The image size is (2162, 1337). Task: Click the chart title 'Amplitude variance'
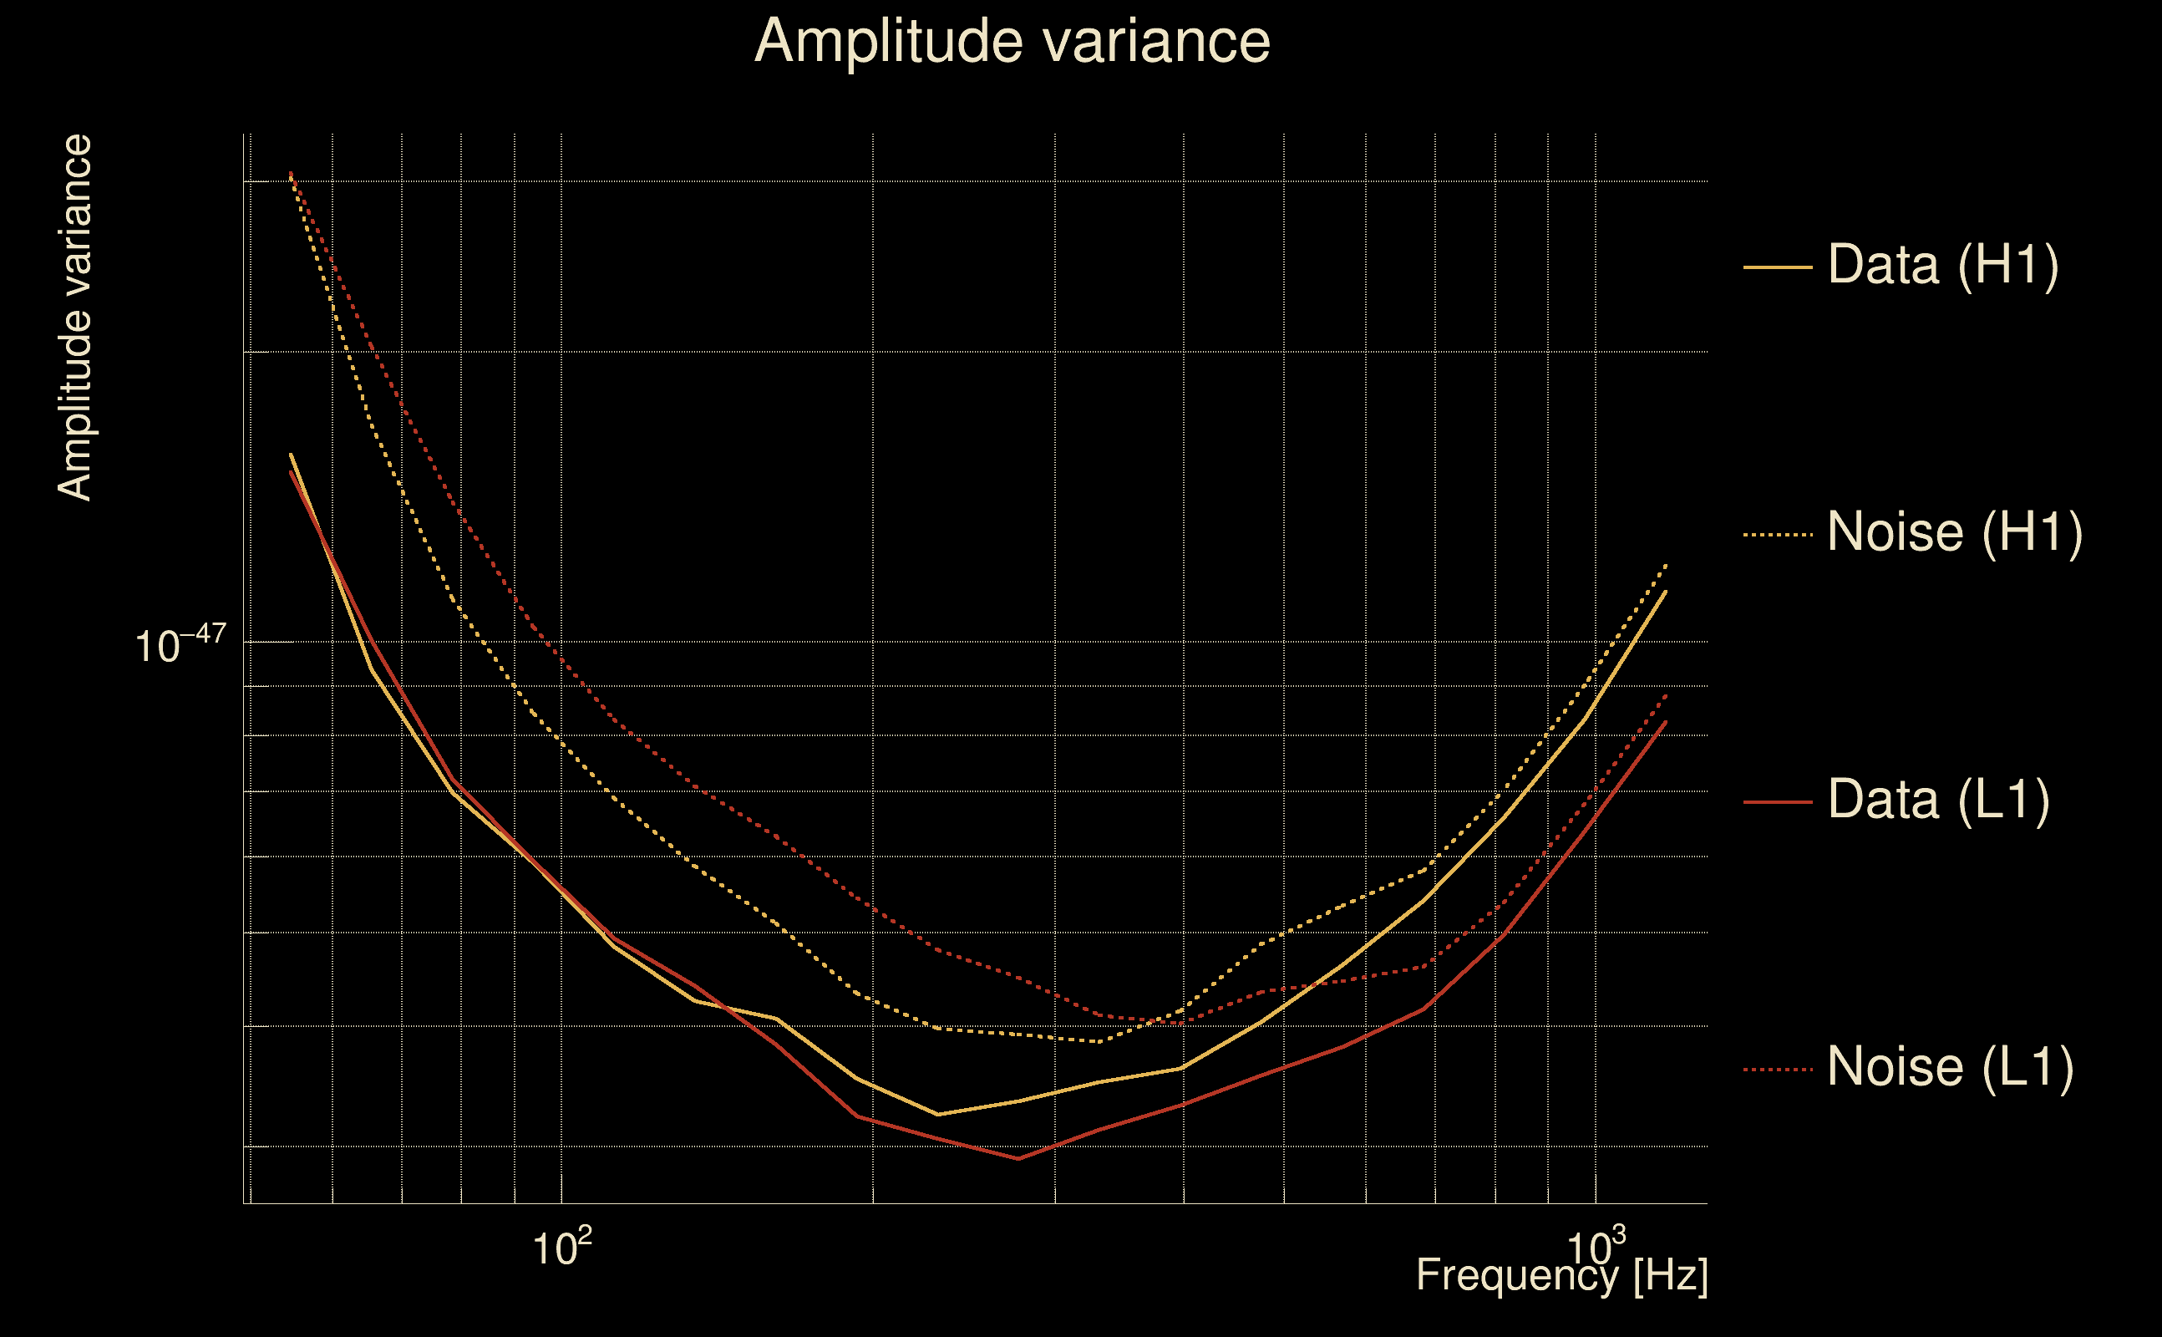point(1012,41)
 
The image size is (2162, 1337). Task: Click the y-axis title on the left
point(74,318)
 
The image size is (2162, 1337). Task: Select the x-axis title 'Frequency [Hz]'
point(1562,1276)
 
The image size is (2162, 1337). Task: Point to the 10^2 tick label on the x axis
point(561,1248)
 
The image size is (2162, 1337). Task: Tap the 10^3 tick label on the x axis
point(1596,1248)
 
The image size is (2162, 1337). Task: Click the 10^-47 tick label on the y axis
point(180,644)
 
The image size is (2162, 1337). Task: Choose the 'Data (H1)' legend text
point(1943,264)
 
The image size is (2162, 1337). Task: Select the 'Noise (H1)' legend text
point(1954,532)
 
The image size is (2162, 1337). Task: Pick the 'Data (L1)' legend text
point(1938,801)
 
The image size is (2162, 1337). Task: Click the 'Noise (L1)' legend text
point(1950,1067)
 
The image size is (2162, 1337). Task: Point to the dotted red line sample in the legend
point(1778,1070)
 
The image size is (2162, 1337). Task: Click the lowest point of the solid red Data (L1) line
point(1018,1158)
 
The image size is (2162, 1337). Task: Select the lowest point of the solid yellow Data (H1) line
point(938,1114)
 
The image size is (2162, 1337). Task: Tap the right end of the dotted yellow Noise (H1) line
point(1666,563)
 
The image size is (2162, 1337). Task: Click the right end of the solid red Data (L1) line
point(1666,721)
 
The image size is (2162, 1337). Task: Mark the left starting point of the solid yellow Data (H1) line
point(291,455)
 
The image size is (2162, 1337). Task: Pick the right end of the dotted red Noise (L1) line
point(1666,695)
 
